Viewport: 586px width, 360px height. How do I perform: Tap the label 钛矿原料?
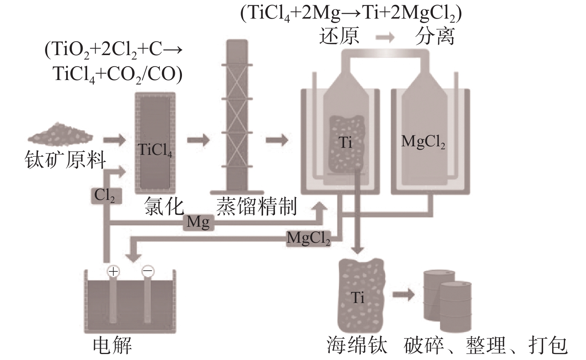[65, 160]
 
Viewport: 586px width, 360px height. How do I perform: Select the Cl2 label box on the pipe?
[105, 195]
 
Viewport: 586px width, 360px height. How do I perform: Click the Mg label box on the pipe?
[198, 222]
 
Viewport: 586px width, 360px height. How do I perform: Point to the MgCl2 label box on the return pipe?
[308, 238]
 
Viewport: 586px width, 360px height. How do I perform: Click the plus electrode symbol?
[113, 271]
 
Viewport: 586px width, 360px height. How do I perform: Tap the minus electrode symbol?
[147, 271]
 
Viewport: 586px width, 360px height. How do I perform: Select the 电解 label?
[112, 346]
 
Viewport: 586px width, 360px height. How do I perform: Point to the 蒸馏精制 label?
[257, 207]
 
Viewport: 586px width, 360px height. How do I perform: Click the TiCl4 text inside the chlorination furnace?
[155, 150]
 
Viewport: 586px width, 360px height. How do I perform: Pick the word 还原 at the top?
[339, 36]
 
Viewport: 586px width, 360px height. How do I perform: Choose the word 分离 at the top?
[435, 36]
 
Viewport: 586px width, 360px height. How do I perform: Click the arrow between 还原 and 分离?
[385, 37]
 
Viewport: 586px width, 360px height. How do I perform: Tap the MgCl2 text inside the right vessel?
[423, 142]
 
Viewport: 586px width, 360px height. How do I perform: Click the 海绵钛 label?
[357, 345]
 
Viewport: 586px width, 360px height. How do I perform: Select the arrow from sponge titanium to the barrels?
[403, 295]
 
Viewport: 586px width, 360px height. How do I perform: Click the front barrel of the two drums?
[456, 307]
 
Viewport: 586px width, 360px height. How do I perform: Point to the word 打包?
[548, 345]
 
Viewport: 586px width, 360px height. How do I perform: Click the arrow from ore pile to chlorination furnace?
[114, 140]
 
